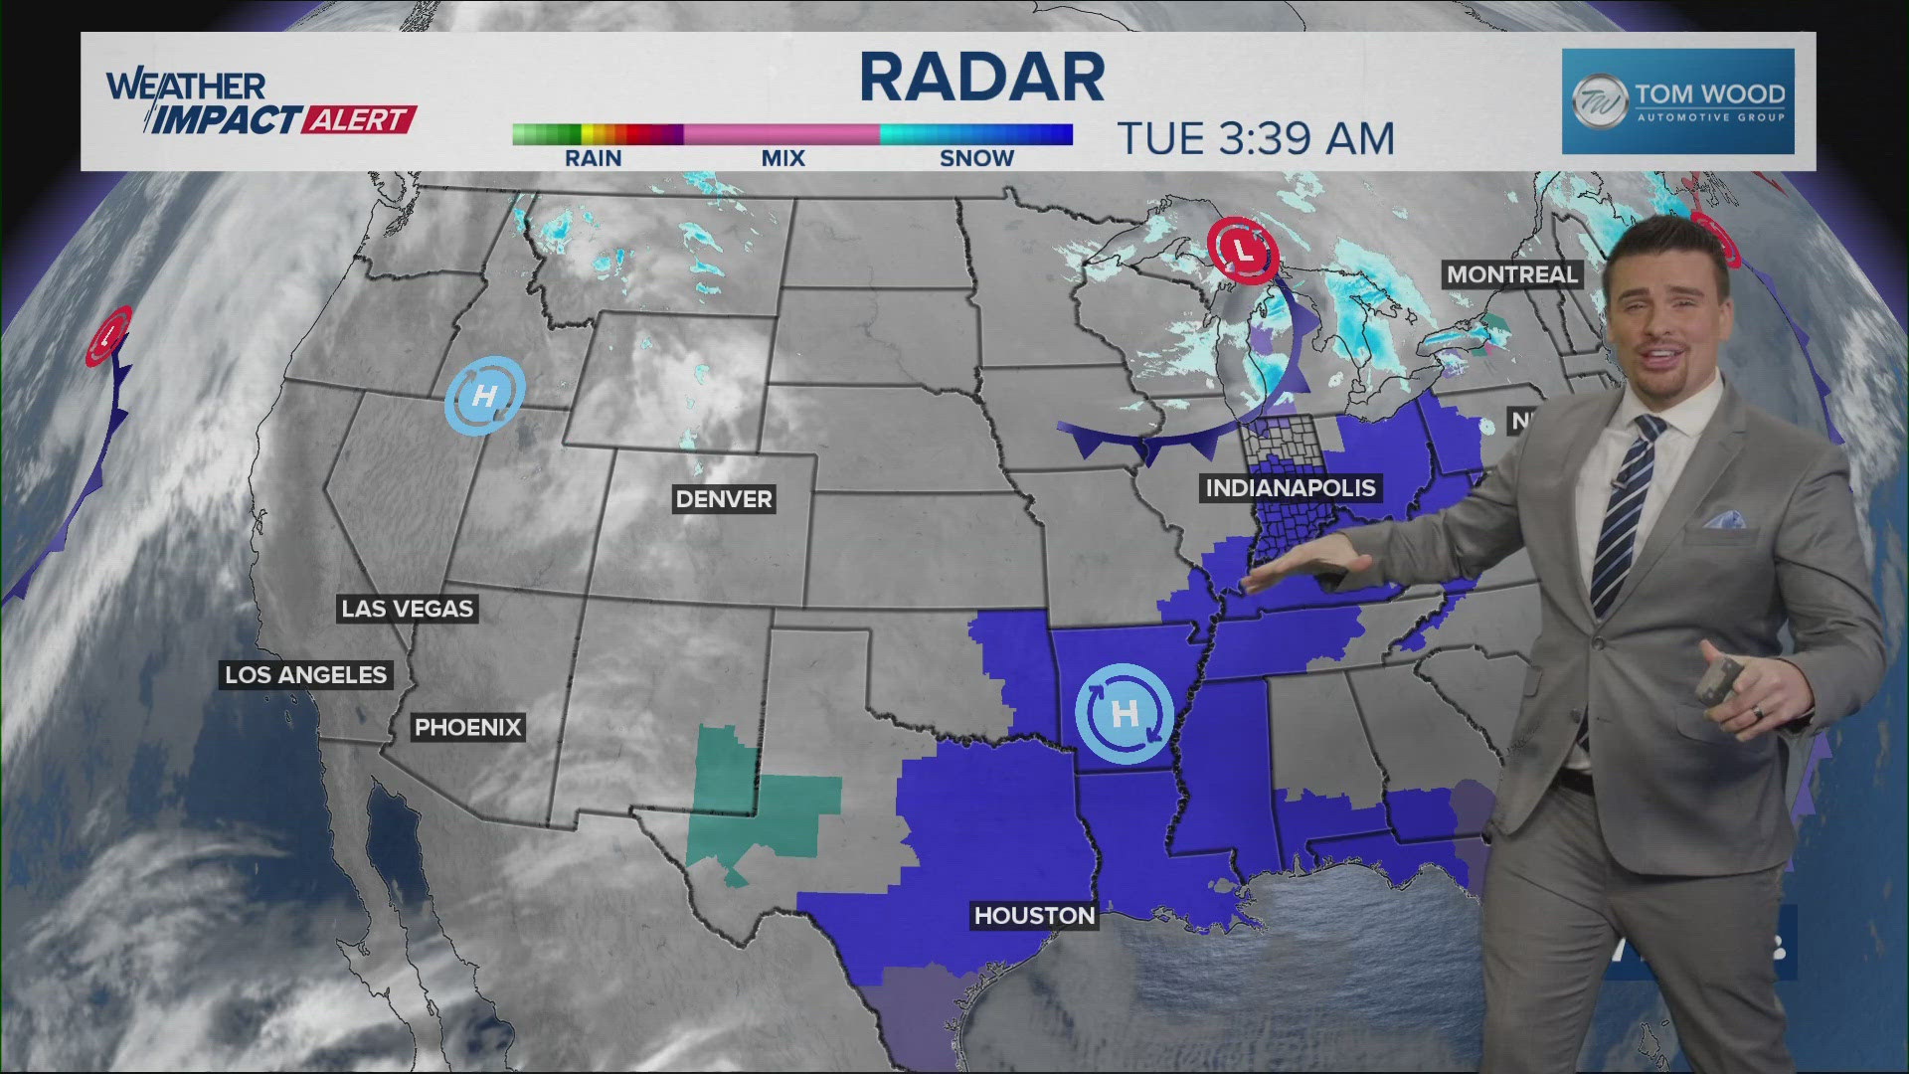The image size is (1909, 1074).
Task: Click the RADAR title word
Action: [981, 78]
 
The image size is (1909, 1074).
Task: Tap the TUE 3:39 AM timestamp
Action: [1256, 139]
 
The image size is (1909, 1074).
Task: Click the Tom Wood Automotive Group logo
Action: [1677, 101]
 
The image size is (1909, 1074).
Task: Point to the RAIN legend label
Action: [593, 158]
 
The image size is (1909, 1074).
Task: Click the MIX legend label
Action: [782, 158]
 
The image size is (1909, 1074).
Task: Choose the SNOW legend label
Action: [976, 158]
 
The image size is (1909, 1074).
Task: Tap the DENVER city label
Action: [724, 499]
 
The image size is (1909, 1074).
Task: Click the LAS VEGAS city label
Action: [408, 609]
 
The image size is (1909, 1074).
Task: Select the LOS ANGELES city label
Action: [305, 675]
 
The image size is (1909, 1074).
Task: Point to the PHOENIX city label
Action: [467, 727]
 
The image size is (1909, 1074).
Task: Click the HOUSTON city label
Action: [1034, 916]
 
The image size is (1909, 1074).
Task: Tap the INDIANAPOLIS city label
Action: [1291, 488]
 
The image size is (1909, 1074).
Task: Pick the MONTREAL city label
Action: [1511, 274]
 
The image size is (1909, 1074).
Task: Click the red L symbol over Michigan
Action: [1243, 251]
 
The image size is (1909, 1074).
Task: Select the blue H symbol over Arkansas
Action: [1125, 713]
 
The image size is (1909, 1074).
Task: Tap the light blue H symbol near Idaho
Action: [484, 396]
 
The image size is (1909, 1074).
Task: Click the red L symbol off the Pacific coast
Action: [108, 335]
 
